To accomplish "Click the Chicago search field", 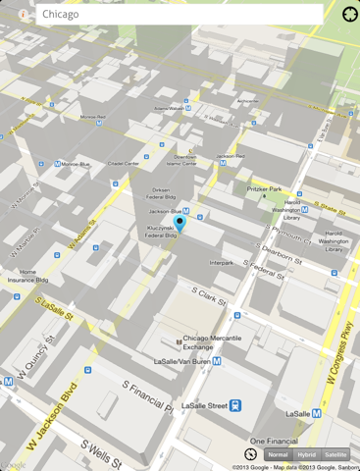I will pos(179,15).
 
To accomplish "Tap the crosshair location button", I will pos(350,15).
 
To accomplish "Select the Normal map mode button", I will pos(279,455).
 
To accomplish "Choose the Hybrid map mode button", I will pos(307,455).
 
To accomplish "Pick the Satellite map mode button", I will pos(335,455).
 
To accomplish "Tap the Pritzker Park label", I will pos(264,189).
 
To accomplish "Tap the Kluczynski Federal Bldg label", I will pos(161,232).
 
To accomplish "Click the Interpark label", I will pos(221,263).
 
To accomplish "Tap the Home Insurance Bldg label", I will pos(27,276).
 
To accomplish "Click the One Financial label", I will pos(274,441).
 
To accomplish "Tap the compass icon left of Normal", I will pos(250,455).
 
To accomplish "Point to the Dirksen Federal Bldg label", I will pos(167,193).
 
